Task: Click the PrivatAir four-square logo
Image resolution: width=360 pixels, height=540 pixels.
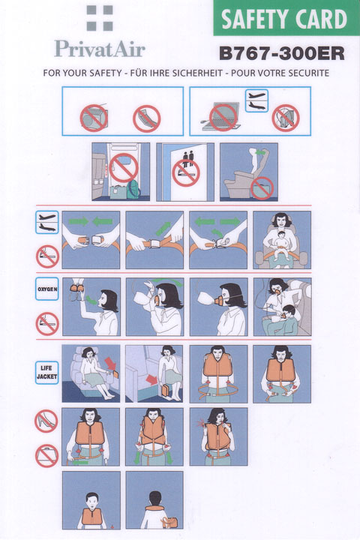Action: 100,18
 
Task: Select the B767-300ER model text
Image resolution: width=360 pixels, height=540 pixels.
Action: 282,53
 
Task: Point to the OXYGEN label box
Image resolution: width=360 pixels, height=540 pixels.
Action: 46,289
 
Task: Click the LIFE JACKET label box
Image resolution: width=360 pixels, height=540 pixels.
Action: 46,372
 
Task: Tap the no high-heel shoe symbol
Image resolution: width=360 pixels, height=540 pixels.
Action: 46,421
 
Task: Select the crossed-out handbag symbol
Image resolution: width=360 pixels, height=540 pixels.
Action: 46,455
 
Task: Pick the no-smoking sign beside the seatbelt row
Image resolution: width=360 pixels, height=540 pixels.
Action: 47,256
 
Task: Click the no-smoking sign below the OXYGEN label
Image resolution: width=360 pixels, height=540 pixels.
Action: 47,324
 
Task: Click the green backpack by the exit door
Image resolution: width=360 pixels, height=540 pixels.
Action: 133,190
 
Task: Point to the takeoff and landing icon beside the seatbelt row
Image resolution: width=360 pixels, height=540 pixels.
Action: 47,223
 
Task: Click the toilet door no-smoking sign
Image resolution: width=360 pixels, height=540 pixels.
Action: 186,173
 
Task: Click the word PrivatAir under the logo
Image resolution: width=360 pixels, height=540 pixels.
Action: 100,49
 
